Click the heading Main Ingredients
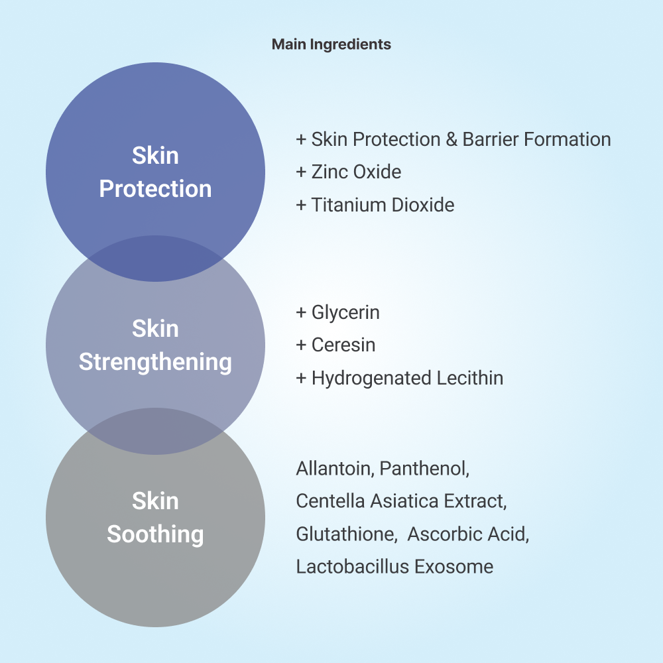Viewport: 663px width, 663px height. (331, 44)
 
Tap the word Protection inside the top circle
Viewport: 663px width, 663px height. (155, 188)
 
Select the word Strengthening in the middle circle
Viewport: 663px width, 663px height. (155, 363)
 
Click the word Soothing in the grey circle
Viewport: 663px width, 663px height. (155, 534)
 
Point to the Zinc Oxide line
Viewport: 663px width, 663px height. (349, 172)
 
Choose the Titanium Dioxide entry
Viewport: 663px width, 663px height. (375, 205)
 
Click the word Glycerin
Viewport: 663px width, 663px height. (345, 313)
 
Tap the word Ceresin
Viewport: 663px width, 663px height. (343, 345)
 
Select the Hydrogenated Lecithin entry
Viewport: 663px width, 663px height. (400, 379)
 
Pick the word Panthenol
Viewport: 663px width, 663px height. (424, 469)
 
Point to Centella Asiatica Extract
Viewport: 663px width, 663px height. (401, 501)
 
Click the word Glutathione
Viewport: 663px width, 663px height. (347, 534)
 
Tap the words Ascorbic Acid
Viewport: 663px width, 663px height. (468, 534)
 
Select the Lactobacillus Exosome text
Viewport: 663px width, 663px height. (394, 567)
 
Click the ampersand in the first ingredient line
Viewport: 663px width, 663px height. (451, 139)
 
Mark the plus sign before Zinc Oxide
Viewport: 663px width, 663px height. (301, 172)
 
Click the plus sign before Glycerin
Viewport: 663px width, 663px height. (301, 312)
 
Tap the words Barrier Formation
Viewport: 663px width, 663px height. (536, 139)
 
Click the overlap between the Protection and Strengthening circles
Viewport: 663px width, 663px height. (155, 259)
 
